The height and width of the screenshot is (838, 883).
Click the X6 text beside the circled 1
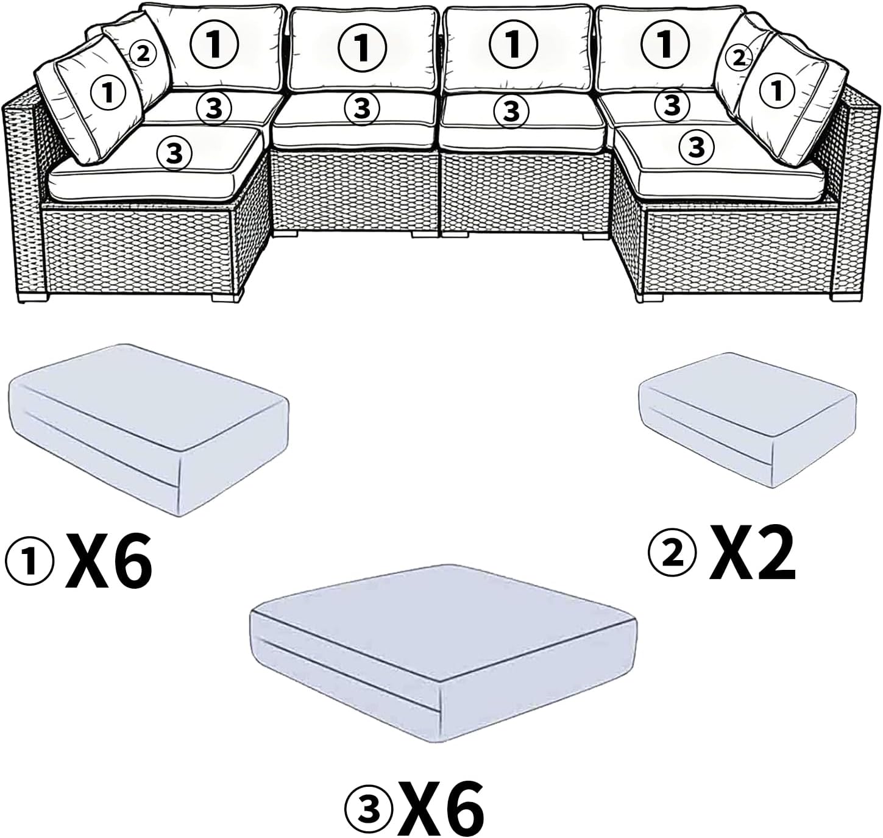click(109, 560)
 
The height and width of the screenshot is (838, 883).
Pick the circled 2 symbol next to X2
click(672, 554)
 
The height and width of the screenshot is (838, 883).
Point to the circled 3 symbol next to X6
click(368, 806)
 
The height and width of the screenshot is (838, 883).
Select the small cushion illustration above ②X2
click(747, 430)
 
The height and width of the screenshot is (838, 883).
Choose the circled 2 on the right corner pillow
click(738, 58)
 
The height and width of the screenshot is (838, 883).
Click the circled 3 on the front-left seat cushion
click(175, 152)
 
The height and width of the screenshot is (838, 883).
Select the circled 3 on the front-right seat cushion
click(697, 146)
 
